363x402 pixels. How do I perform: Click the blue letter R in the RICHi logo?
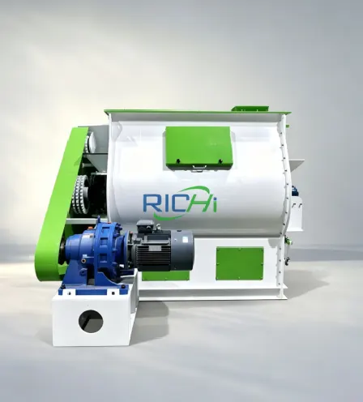click(150, 203)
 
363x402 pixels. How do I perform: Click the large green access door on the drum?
click(199, 148)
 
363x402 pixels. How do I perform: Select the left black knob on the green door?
click(178, 161)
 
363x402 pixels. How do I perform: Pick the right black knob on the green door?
click(220, 161)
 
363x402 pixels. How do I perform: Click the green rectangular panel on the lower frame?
click(240, 263)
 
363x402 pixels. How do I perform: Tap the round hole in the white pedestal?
click(91, 322)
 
